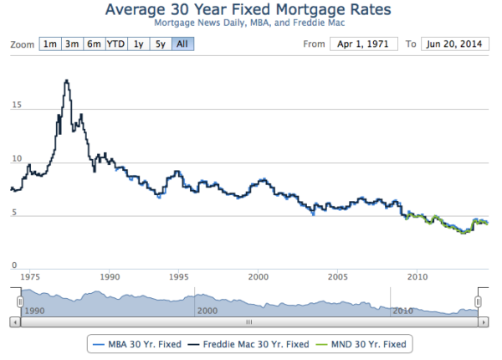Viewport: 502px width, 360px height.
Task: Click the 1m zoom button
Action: (x=49, y=44)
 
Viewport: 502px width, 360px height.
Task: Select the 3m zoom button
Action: (x=72, y=44)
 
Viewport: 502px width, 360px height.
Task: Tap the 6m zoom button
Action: (x=94, y=44)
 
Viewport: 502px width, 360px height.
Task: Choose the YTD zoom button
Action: (x=115, y=44)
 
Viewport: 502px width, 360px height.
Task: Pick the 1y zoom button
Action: (x=139, y=44)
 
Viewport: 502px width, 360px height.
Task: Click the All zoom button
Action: (x=182, y=44)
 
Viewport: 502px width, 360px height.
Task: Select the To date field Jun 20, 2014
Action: (x=454, y=44)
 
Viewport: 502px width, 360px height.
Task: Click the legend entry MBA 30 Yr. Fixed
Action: (x=138, y=343)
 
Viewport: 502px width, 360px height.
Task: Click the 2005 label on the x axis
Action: (x=338, y=276)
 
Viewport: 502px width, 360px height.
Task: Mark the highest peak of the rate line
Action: (x=66, y=80)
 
